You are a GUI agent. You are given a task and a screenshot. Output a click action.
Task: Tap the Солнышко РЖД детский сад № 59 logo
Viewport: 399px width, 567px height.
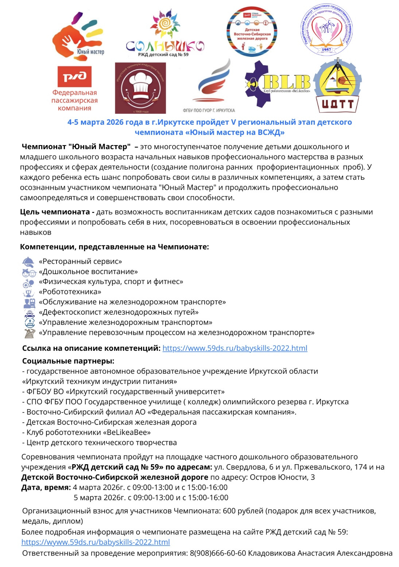pos(165,35)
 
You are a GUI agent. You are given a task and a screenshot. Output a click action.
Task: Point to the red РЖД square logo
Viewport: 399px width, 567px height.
pos(74,77)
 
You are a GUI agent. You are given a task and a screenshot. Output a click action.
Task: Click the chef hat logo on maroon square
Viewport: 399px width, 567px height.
pos(140,88)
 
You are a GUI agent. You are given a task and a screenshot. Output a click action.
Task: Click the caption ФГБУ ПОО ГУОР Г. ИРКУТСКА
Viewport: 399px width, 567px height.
pos(209,110)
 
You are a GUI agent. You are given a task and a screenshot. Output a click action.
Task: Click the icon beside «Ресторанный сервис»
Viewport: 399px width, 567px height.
pos(28,262)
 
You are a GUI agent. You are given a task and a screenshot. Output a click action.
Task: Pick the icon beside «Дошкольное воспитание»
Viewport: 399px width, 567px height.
pos(28,272)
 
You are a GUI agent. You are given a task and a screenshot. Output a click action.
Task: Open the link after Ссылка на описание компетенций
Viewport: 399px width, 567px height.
pos(235,348)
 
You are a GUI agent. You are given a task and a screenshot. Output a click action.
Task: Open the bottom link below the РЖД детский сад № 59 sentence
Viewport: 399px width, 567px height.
pos(96,542)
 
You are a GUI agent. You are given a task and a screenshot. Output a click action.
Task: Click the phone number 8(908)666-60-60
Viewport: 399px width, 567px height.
pos(218,553)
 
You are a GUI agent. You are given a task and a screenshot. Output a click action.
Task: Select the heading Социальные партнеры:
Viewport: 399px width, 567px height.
pos(68,361)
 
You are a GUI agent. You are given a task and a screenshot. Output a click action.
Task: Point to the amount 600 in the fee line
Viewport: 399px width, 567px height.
pos(229,511)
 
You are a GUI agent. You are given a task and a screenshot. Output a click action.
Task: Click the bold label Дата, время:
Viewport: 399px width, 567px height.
pos(46,488)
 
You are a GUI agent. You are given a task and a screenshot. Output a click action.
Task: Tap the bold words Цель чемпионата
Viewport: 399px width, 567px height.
pos(55,212)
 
